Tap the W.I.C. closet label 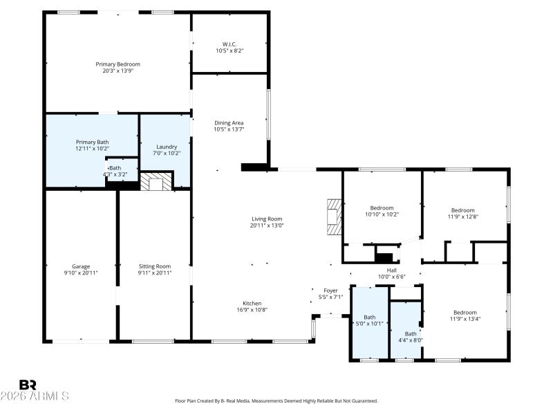(x=229, y=45)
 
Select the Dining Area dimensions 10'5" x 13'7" (x=229, y=129)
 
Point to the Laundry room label (x=166, y=147)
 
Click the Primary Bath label (x=92, y=142)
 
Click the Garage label (x=81, y=266)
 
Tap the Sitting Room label (x=155, y=266)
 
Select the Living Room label (x=267, y=219)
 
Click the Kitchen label (x=252, y=303)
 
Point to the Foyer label (x=330, y=290)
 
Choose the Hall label (x=391, y=270)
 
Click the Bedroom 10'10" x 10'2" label (x=382, y=208)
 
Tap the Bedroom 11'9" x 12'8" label (x=463, y=210)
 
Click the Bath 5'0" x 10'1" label (x=370, y=317)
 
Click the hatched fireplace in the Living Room (x=335, y=217)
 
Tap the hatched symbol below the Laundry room (x=156, y=183)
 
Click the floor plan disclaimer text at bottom (x=276, y=400)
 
